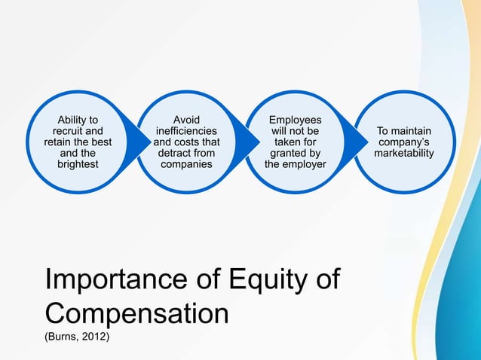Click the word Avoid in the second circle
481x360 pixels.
click(x=186, y=120)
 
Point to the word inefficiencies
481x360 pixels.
click(x=187, y=131)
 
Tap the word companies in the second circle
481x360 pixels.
click(x=187, y=163)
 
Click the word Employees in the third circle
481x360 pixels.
click(x=296, y=120)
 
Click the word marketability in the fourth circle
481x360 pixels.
click(x=404, y=154)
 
